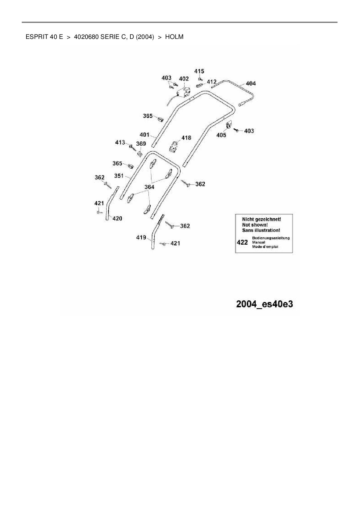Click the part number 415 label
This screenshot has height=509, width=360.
coord(199,71)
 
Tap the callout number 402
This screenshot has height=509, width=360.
coord(184,79)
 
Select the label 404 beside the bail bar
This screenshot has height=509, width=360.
coord(251,84)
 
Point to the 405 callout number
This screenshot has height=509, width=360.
coord(221,135)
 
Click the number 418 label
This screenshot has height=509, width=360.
coord(186,138)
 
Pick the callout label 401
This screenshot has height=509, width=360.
coord(144,135)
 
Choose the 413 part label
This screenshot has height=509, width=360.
coord(120,142)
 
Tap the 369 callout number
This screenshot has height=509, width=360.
coord(141,144)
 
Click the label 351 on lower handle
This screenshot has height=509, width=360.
coord(119,176)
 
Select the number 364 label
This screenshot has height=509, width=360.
coord(149,187)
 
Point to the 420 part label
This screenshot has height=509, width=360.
coord(117,219)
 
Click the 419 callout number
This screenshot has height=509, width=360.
coord(141,238)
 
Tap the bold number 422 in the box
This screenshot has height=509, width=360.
coord(242,242)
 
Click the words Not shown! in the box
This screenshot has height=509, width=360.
coord(255,225)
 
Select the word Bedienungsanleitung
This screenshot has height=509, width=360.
coord(271,238)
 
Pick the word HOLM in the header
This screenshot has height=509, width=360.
coord(174,37)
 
